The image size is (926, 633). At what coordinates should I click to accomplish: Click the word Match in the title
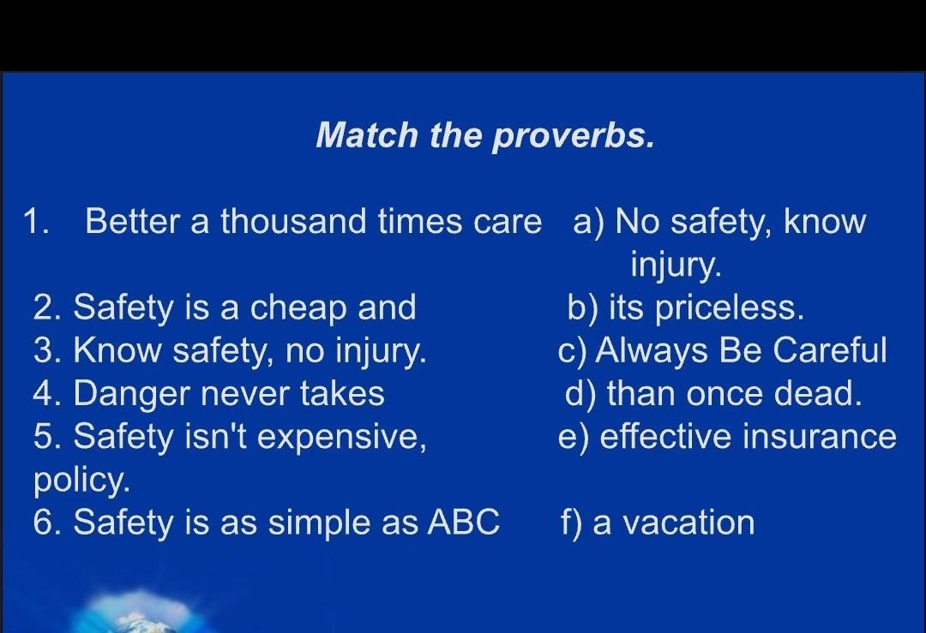pos(367,134)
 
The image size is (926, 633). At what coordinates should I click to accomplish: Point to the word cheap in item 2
pos(298,308)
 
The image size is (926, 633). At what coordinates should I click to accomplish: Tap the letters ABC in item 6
pos(464,523)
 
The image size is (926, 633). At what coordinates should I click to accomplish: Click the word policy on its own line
pos(81,481)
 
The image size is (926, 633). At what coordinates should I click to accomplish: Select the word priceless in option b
pos(730,308)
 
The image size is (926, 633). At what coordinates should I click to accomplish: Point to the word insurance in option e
pos(819,437)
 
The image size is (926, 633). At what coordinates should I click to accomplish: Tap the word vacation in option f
pos(688,523)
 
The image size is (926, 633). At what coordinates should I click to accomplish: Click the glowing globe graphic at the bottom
pos(139,613)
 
